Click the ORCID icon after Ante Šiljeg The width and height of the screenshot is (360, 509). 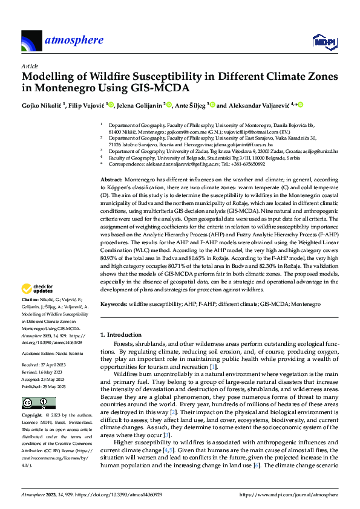pyautogui.click(x=212, y=105)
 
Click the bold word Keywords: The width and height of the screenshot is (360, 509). pyautogui.click(x=114, y=303)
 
